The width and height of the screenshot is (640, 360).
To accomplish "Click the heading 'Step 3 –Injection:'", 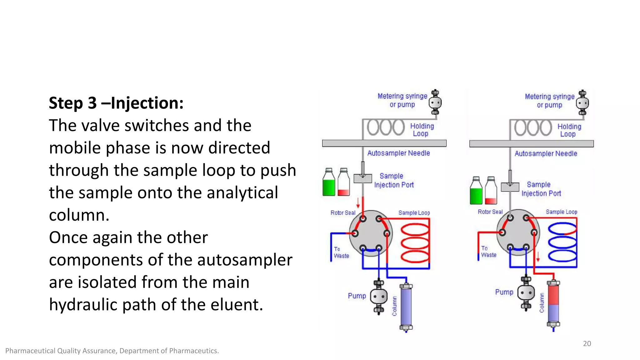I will [x=116, y=103].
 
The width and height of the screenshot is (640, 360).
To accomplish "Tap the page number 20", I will [x=587, y=343].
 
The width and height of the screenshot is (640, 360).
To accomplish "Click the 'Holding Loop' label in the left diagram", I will [x=422, y=130].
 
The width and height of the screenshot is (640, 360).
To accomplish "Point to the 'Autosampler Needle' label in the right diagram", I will [x=546, y=153].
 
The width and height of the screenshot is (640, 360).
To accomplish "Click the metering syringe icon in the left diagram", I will [x=435, y=102].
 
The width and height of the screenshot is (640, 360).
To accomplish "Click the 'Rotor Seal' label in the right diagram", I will [x=490, y=212].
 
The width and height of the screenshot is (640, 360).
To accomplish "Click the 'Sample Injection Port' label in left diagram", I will [x=393, y=180].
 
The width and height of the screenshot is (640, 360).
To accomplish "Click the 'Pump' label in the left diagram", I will [x=357, y=296].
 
